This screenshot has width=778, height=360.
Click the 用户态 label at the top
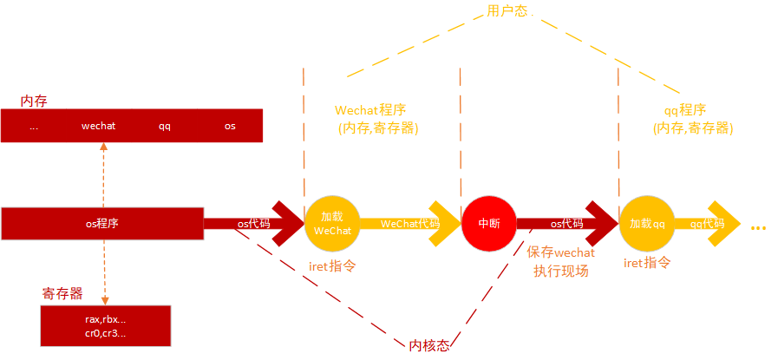click(x=507, y=11)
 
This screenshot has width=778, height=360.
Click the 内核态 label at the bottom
click(x=429, y=345)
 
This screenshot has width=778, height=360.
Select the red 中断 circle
click(x=488, y=223)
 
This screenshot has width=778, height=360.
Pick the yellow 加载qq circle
click(x=647, y=223)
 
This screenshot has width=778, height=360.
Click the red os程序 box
click(x=101, y=224)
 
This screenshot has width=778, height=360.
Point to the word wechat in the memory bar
click(x=98, y=126)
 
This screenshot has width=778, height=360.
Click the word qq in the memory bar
click(x=164, y=126)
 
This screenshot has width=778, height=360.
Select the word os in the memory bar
click(x=230, y=126)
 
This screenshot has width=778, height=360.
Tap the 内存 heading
click(x=34, y=101)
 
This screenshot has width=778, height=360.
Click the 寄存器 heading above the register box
click(x=62, y=293)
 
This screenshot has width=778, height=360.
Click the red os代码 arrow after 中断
click(x=568, y=223)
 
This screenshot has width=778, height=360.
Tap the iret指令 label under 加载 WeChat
click(x=332, y=266)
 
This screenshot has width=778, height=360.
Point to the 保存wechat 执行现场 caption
click(x=561, y=261)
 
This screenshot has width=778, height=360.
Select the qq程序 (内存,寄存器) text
click(x=693, y=119)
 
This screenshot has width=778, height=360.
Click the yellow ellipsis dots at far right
click(x=759, y=227)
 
